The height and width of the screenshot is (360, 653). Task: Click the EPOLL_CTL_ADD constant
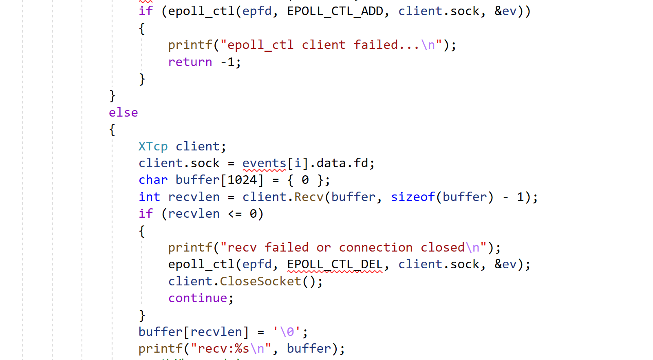point(335,11)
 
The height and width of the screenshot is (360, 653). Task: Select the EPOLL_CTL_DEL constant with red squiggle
point(335,265)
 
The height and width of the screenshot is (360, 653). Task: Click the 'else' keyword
point(123,113)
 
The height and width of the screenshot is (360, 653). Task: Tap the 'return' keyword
point(190,62)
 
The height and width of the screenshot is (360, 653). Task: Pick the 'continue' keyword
point(198,298)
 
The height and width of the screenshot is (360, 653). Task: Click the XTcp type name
point(153,147)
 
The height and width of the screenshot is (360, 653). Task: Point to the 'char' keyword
point(153,180)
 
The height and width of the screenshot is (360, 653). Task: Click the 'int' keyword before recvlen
point(149,197)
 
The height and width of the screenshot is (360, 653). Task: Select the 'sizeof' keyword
point(413,197)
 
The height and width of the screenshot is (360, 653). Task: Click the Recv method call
point(309,197)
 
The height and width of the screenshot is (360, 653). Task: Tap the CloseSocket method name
point(260,282)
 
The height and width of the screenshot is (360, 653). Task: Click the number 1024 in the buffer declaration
point(242,180)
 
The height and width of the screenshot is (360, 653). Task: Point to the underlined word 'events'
point(264,163)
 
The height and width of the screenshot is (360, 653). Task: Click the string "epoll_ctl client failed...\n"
point(331,45)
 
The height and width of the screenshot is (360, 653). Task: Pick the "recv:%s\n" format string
point(231,349)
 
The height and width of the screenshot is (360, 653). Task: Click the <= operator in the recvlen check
point(235,214)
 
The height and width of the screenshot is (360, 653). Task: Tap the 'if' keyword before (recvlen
point(146,214)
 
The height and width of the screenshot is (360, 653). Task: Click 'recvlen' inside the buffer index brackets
point(216,332)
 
